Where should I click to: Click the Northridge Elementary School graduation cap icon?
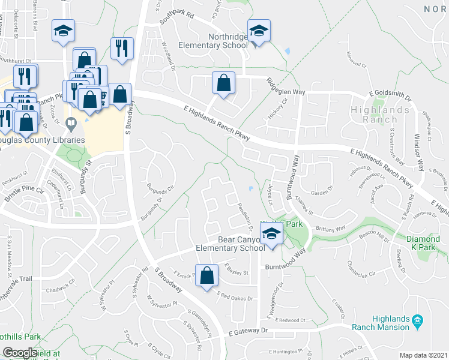(x=259, y=31)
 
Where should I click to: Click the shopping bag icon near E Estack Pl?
(x=206, y=276)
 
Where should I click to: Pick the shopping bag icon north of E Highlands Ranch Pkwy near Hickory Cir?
(x=223, y=83)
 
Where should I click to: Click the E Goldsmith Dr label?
(x=390, y=95)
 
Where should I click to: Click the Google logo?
(x=19, y=353)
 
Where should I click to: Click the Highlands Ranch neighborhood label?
(x=381, y=114)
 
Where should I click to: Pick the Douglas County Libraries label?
(x=41, y=140)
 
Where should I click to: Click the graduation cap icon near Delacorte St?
(x=62, y=31)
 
